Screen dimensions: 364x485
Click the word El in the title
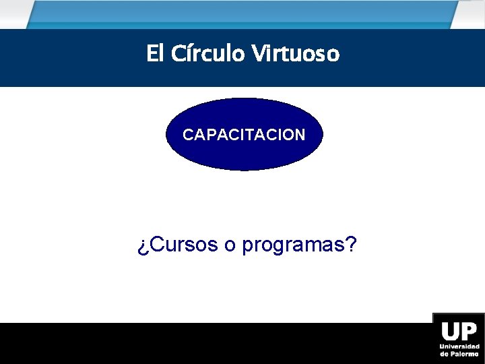pos(154,53)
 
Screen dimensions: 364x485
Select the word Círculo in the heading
pos(207,53)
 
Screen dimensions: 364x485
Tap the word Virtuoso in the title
pos(296,53)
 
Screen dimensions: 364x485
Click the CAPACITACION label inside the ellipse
pos(244,135)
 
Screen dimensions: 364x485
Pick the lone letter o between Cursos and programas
pos(230,246)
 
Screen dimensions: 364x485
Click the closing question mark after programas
pos(350,245)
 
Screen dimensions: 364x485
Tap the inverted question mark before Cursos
pos(143,247)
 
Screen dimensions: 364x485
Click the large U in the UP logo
pos(450,331)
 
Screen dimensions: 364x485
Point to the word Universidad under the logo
pos(459,346)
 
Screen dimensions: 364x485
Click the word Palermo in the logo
pos(465,353)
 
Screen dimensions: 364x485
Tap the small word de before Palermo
pos(445,353)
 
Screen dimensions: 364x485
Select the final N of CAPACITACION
pos(300,135)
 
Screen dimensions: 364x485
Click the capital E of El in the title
pos(151,53)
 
